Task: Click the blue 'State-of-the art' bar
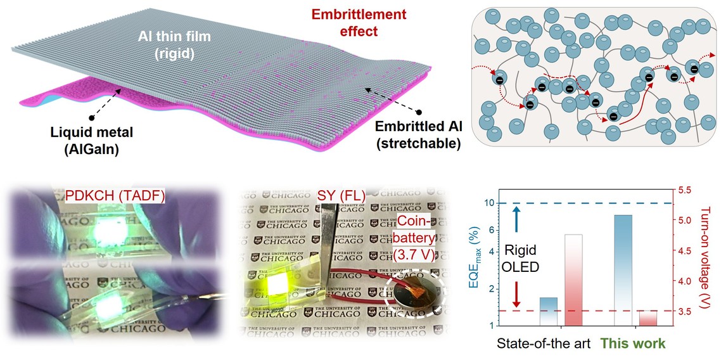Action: [549, 311]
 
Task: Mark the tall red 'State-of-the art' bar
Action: [573, 279]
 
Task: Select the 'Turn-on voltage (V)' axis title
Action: [710, 257]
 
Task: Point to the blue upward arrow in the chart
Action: [516, 218]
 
